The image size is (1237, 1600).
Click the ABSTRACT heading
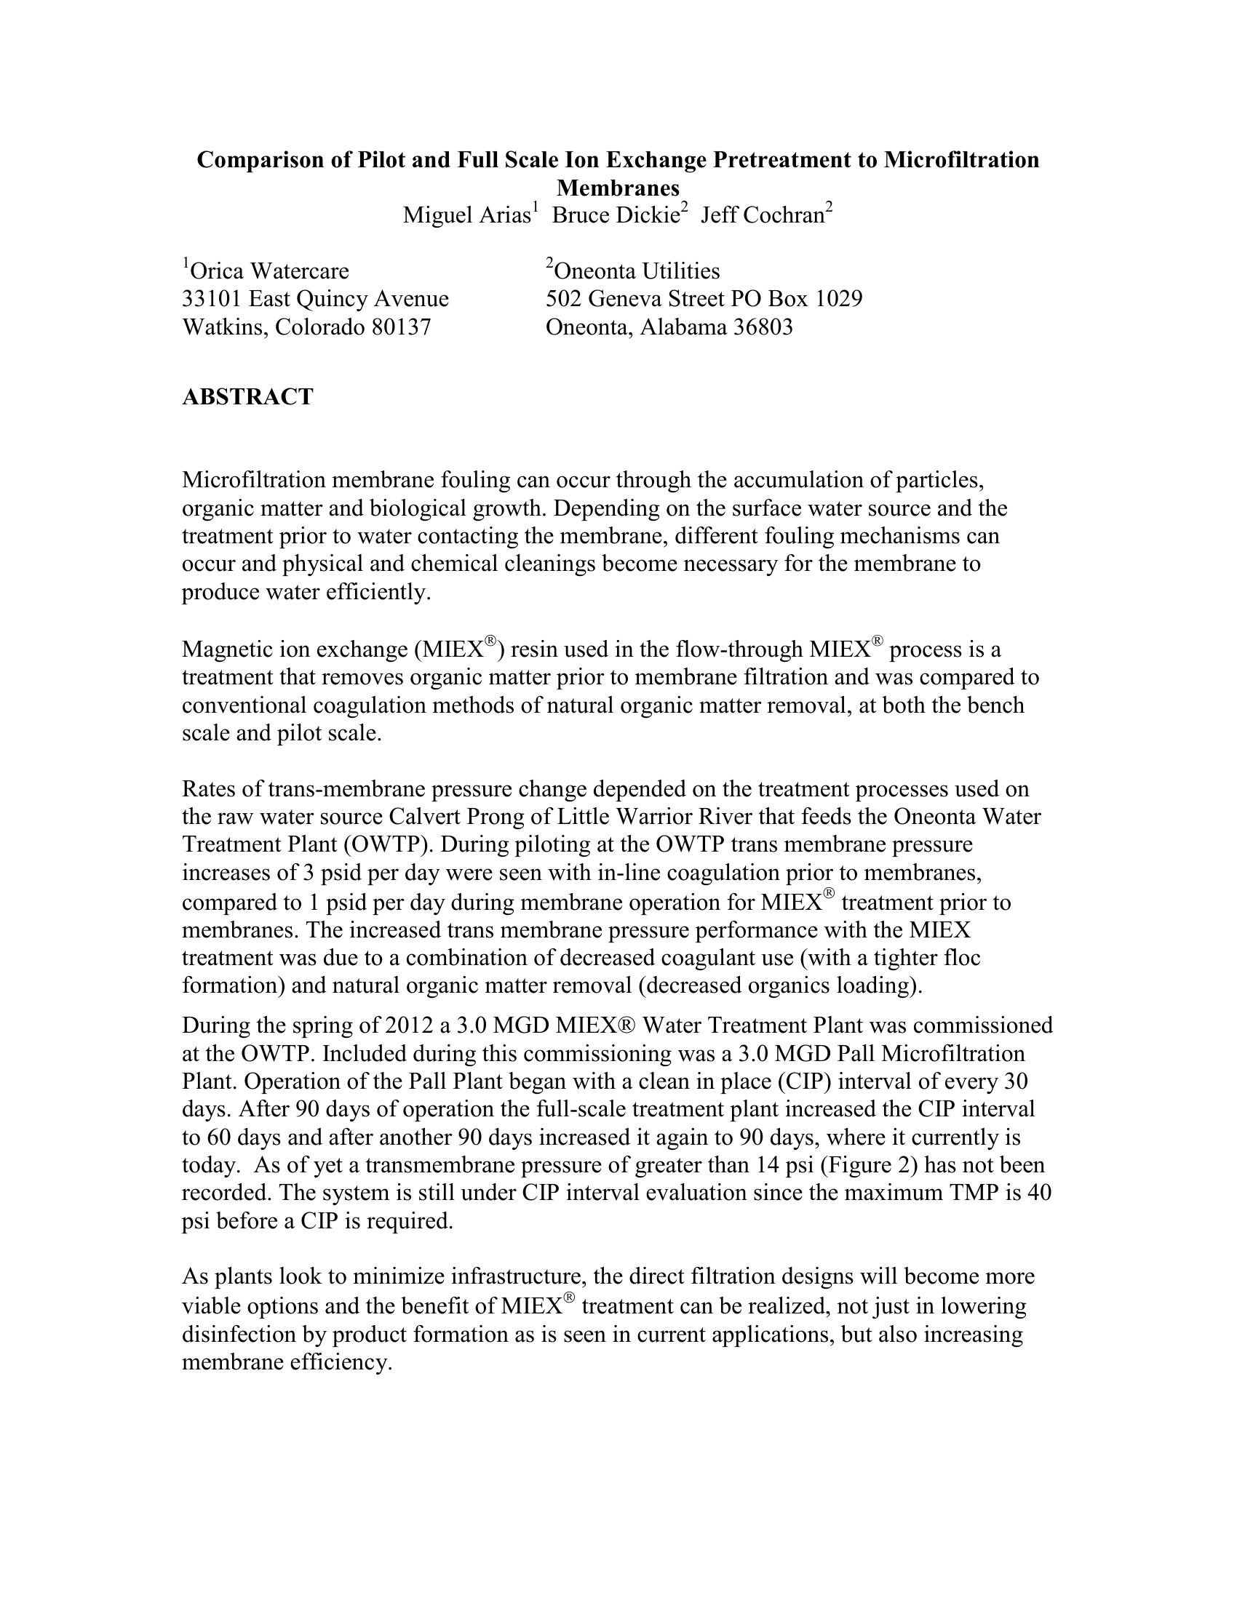(247, 397)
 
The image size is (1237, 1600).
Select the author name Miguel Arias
(466, 215)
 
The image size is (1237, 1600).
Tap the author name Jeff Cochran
(762, 215)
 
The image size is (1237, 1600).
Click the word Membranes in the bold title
(618, 188)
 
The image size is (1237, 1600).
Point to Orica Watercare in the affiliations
(269, 272)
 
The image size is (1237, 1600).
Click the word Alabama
(683, 327)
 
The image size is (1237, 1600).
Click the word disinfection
(239, 1334)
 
